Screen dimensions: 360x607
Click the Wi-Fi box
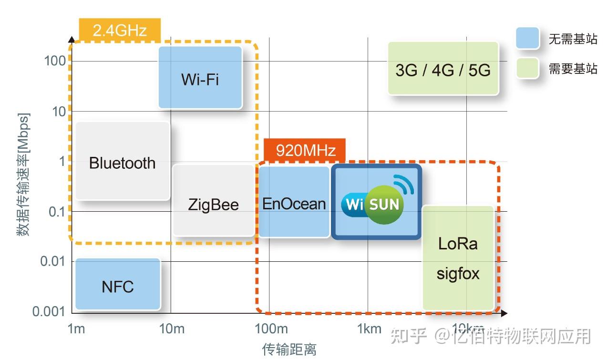[200, 78]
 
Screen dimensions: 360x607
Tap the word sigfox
[458, 274]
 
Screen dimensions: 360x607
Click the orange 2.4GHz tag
[120, 31]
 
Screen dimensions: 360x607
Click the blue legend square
[527, 39]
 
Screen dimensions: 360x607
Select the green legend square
[527, 68]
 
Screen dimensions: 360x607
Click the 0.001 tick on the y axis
[49, 311]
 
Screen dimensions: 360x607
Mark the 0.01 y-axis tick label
[52, 261]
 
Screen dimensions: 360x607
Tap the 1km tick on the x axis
[370, 329]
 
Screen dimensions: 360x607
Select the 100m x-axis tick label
[271, 329]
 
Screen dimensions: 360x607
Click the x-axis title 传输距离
[289, 350]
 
